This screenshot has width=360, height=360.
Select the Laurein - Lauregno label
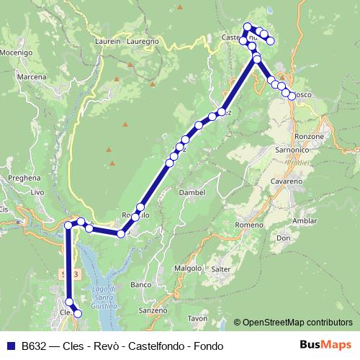pyautogui.click(x=126, y=42)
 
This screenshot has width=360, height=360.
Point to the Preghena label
pyautogui.click(x=22, y=176)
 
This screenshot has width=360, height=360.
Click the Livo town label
pyautogui.click(x=37, y=192)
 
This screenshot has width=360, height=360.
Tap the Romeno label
pyautogui.click(x=249, y=225)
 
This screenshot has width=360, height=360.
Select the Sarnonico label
pyautogui.click(x=292, y=150)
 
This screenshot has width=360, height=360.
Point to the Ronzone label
pyautogui.click(x=310, y=136)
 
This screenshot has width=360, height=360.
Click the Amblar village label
pyautogui.click(x=305, y=220)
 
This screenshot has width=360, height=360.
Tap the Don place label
pyautogui.click(x=283, y=238)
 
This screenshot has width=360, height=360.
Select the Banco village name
pyautogui.click(x=140, y=285)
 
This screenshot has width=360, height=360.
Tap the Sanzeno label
pyautogui.click(x=153, y=310)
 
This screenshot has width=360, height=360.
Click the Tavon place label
pyautogui.click(x=197, y=318)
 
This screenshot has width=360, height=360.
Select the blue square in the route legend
pyautogui.click(x=11, y=345)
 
